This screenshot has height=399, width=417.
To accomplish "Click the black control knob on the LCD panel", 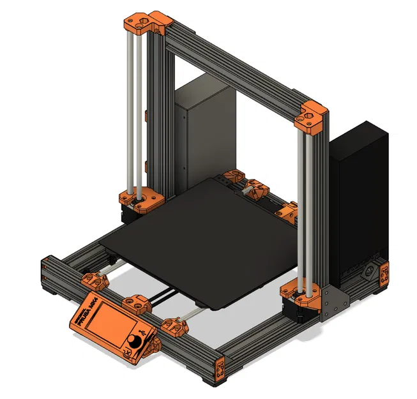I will coord(133,341).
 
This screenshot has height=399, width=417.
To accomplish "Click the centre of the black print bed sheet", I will coord(211,239).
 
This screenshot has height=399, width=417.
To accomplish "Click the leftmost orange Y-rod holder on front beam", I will coord(93,280).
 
